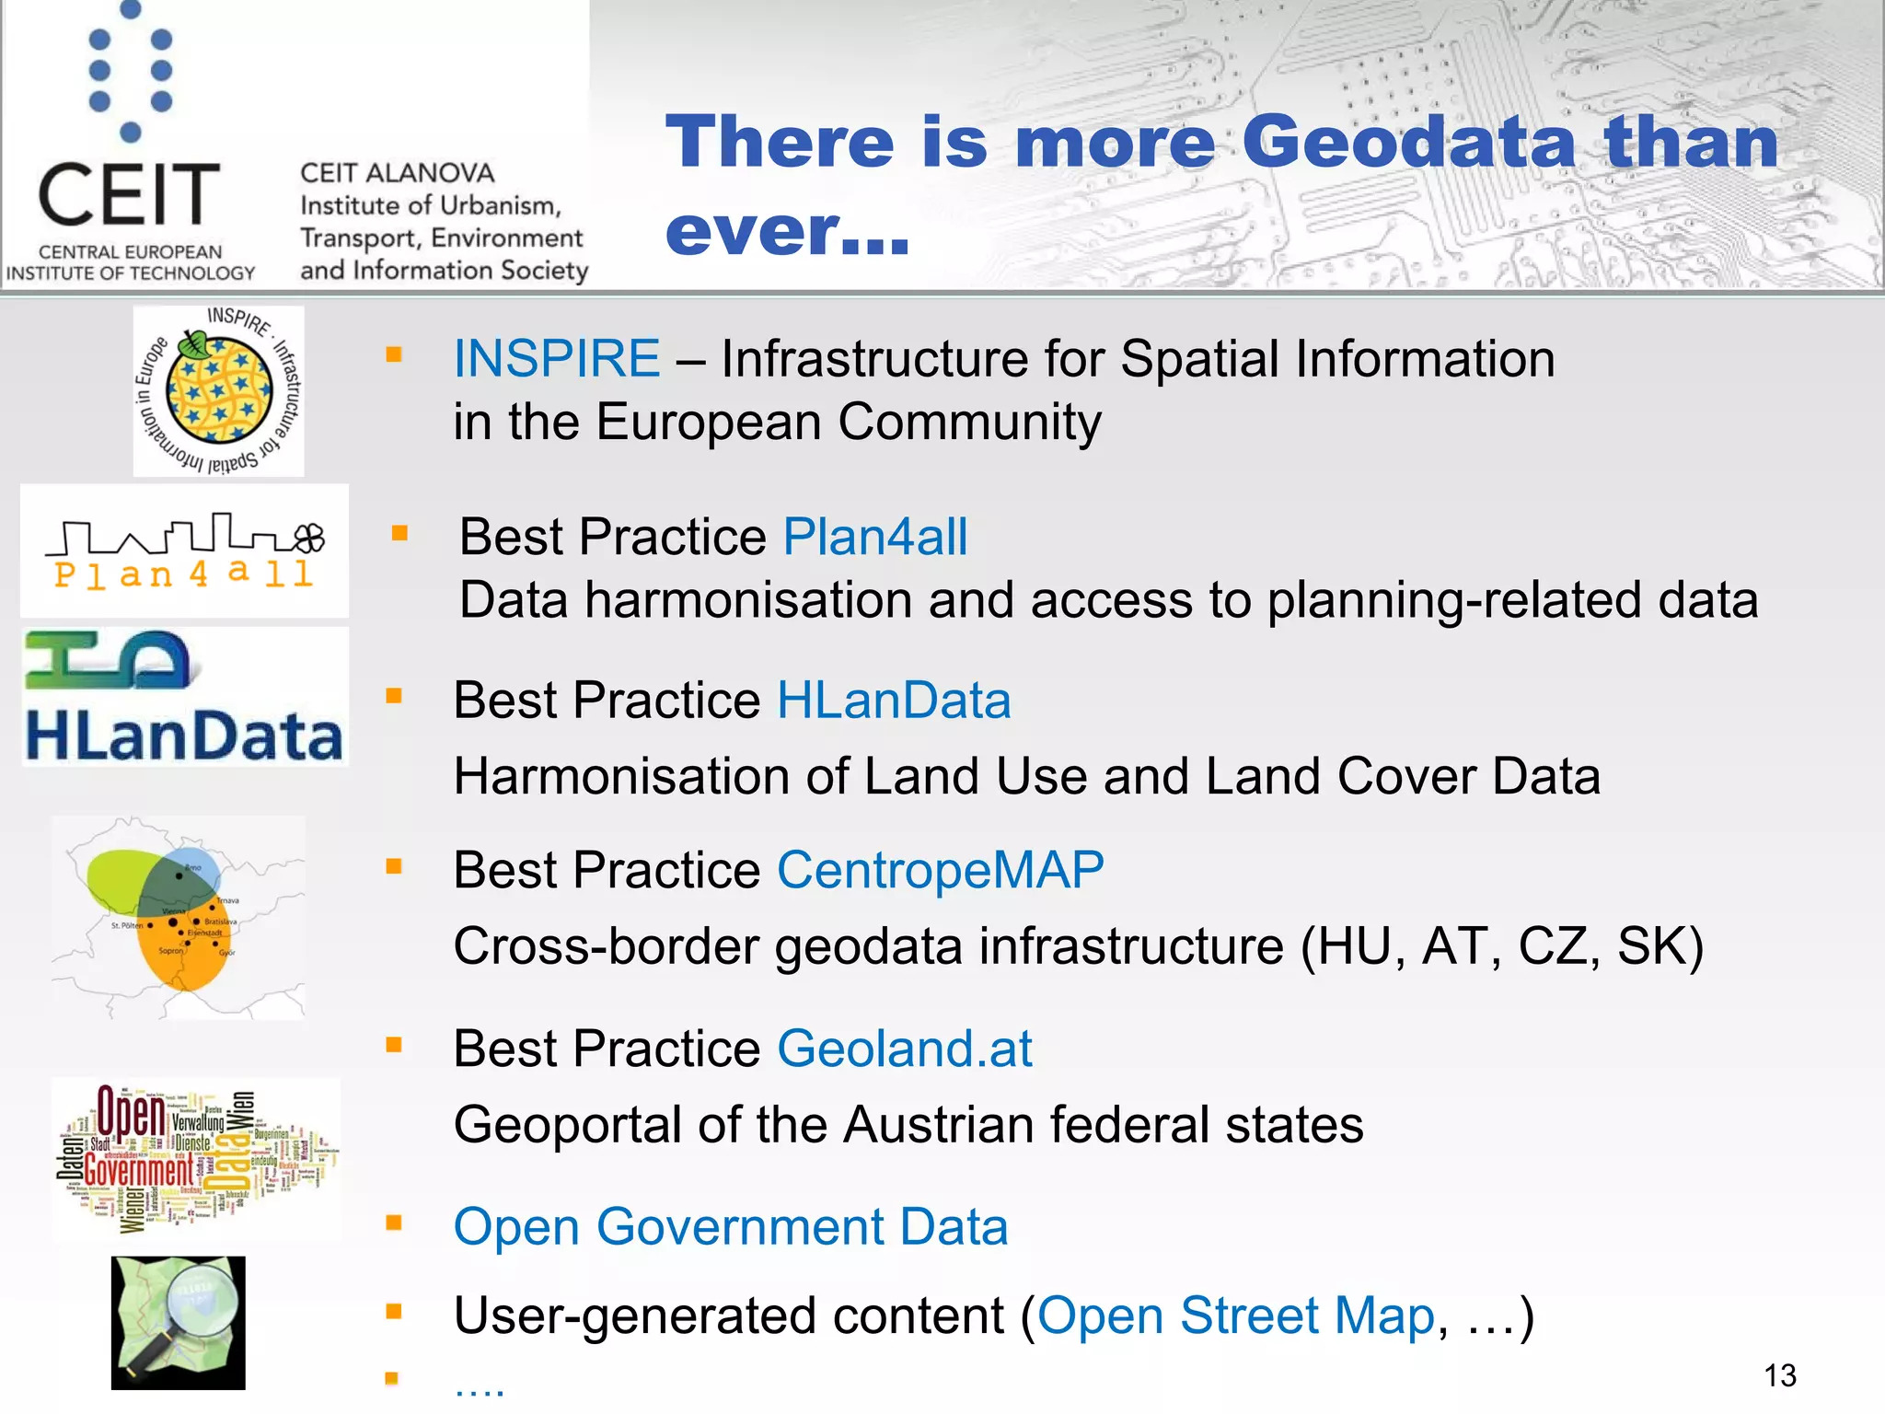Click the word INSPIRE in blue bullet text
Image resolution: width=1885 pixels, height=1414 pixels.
tap(556, 358)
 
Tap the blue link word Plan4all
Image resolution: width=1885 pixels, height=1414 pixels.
tap(874, 537)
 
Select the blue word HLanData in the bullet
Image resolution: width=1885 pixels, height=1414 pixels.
tap(894, 701)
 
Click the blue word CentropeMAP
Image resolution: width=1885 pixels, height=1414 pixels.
tap(940, 870)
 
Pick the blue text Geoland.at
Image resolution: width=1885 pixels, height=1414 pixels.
tap(904, 1049)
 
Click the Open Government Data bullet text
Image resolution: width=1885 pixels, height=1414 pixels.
tap(731, 1227)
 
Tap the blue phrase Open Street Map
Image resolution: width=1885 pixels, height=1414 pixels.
tap(1236, 1315)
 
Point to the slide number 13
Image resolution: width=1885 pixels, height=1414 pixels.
tap(1779, 1375)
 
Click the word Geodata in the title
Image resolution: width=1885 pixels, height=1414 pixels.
tap(1408, 143)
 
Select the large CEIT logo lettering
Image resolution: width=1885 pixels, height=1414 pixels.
tap(129, 194)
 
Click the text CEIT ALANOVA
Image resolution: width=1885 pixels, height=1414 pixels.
tap(397, 173)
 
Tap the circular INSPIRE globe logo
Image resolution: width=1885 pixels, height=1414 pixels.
tap(219, 391)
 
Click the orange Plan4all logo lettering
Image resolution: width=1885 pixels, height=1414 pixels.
tap(184, 574)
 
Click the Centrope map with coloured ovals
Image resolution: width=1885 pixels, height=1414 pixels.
tap(179, 916)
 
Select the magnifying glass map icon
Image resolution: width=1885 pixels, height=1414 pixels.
tap(179, 1322)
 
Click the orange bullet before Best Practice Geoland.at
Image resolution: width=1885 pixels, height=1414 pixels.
tap(394, 1045)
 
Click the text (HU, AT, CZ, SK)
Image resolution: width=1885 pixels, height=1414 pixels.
tap(1502, 946)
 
